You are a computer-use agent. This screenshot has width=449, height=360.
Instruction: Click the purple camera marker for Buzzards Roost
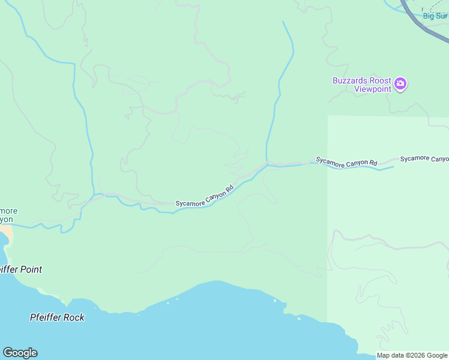[x=401, y=83]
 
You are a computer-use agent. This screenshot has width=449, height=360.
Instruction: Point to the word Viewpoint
[x=372, y=89]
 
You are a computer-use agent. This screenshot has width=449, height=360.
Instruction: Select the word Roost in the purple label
[x=381, y=81]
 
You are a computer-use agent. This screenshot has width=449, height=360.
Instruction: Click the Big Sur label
[x=435, y=16]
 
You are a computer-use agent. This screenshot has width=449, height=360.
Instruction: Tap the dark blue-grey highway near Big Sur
[x=420, y=18]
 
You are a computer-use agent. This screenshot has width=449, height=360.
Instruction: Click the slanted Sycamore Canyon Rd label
[x=204, y=196]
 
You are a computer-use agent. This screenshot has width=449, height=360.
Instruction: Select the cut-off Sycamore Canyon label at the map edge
[x=425, y=158]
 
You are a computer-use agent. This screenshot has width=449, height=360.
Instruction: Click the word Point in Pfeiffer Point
[x=30, y=270]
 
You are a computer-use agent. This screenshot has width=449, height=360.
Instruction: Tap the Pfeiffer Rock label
[x=57, y=317]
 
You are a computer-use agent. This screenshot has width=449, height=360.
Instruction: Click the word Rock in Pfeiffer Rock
[x=74, y=317]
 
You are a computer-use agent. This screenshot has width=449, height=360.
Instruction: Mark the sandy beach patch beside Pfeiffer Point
[x=5, y=231]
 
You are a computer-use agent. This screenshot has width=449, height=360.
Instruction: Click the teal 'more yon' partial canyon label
[x=8, y=215]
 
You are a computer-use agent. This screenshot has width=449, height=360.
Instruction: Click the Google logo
[x=20, y=353]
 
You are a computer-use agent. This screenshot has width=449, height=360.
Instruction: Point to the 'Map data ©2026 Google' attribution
[x=412, y=356]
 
